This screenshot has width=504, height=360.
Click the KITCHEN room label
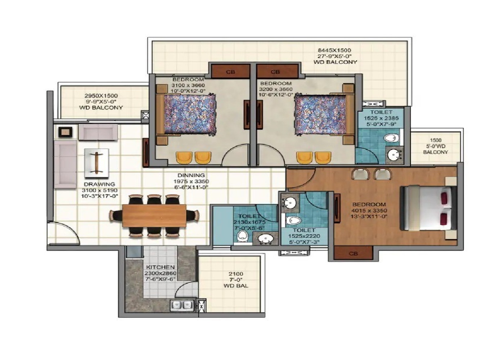coord(160,267)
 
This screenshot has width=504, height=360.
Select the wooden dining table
coord(154,215)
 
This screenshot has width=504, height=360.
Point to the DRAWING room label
coord(99,184)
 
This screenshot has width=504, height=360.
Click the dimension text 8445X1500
coord(334,50)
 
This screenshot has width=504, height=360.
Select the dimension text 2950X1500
coord(101,96)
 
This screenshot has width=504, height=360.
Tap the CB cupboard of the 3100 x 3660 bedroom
coord(230,72)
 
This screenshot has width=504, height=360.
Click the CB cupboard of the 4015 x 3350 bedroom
coord(353,253)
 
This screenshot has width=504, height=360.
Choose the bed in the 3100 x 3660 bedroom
coord(190,114)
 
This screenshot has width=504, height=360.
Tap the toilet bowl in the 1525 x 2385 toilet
coord(391,138)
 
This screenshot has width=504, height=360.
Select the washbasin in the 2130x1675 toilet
coord(266,239)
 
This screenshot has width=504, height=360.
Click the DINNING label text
coord(191,175)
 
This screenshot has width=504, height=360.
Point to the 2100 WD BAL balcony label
coord(236,280)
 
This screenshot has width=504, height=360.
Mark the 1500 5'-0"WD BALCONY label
coord(435,146)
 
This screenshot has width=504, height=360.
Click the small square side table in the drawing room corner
coord(65,132)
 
